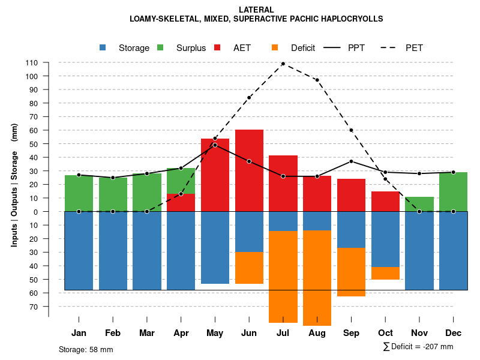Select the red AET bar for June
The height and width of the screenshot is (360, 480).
tap(249, 170)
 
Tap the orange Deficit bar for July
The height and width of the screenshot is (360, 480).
tap(283, 277)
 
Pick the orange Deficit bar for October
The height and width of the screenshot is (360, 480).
tap(385, 273)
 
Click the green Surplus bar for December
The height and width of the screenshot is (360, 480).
tap(453, 192)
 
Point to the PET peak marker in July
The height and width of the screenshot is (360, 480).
tap(283, 64)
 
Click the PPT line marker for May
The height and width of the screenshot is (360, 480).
tap(215, 145)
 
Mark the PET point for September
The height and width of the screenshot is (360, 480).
tap(351, 130)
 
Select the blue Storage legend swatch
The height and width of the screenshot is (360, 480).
tap(103, 48)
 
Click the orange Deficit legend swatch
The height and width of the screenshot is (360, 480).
tap(275, 48)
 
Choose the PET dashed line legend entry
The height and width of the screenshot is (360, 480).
tap(395, 48)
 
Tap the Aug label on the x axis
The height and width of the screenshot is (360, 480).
tap(317, 333)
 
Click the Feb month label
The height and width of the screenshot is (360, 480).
tap(113, 333)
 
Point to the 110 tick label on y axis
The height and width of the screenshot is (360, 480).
tap(32, 63)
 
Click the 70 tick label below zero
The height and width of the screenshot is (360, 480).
tap(34, 307)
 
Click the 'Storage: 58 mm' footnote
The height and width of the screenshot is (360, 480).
tap(86, 349)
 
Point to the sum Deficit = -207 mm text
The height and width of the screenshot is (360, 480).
tap(418, 347)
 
